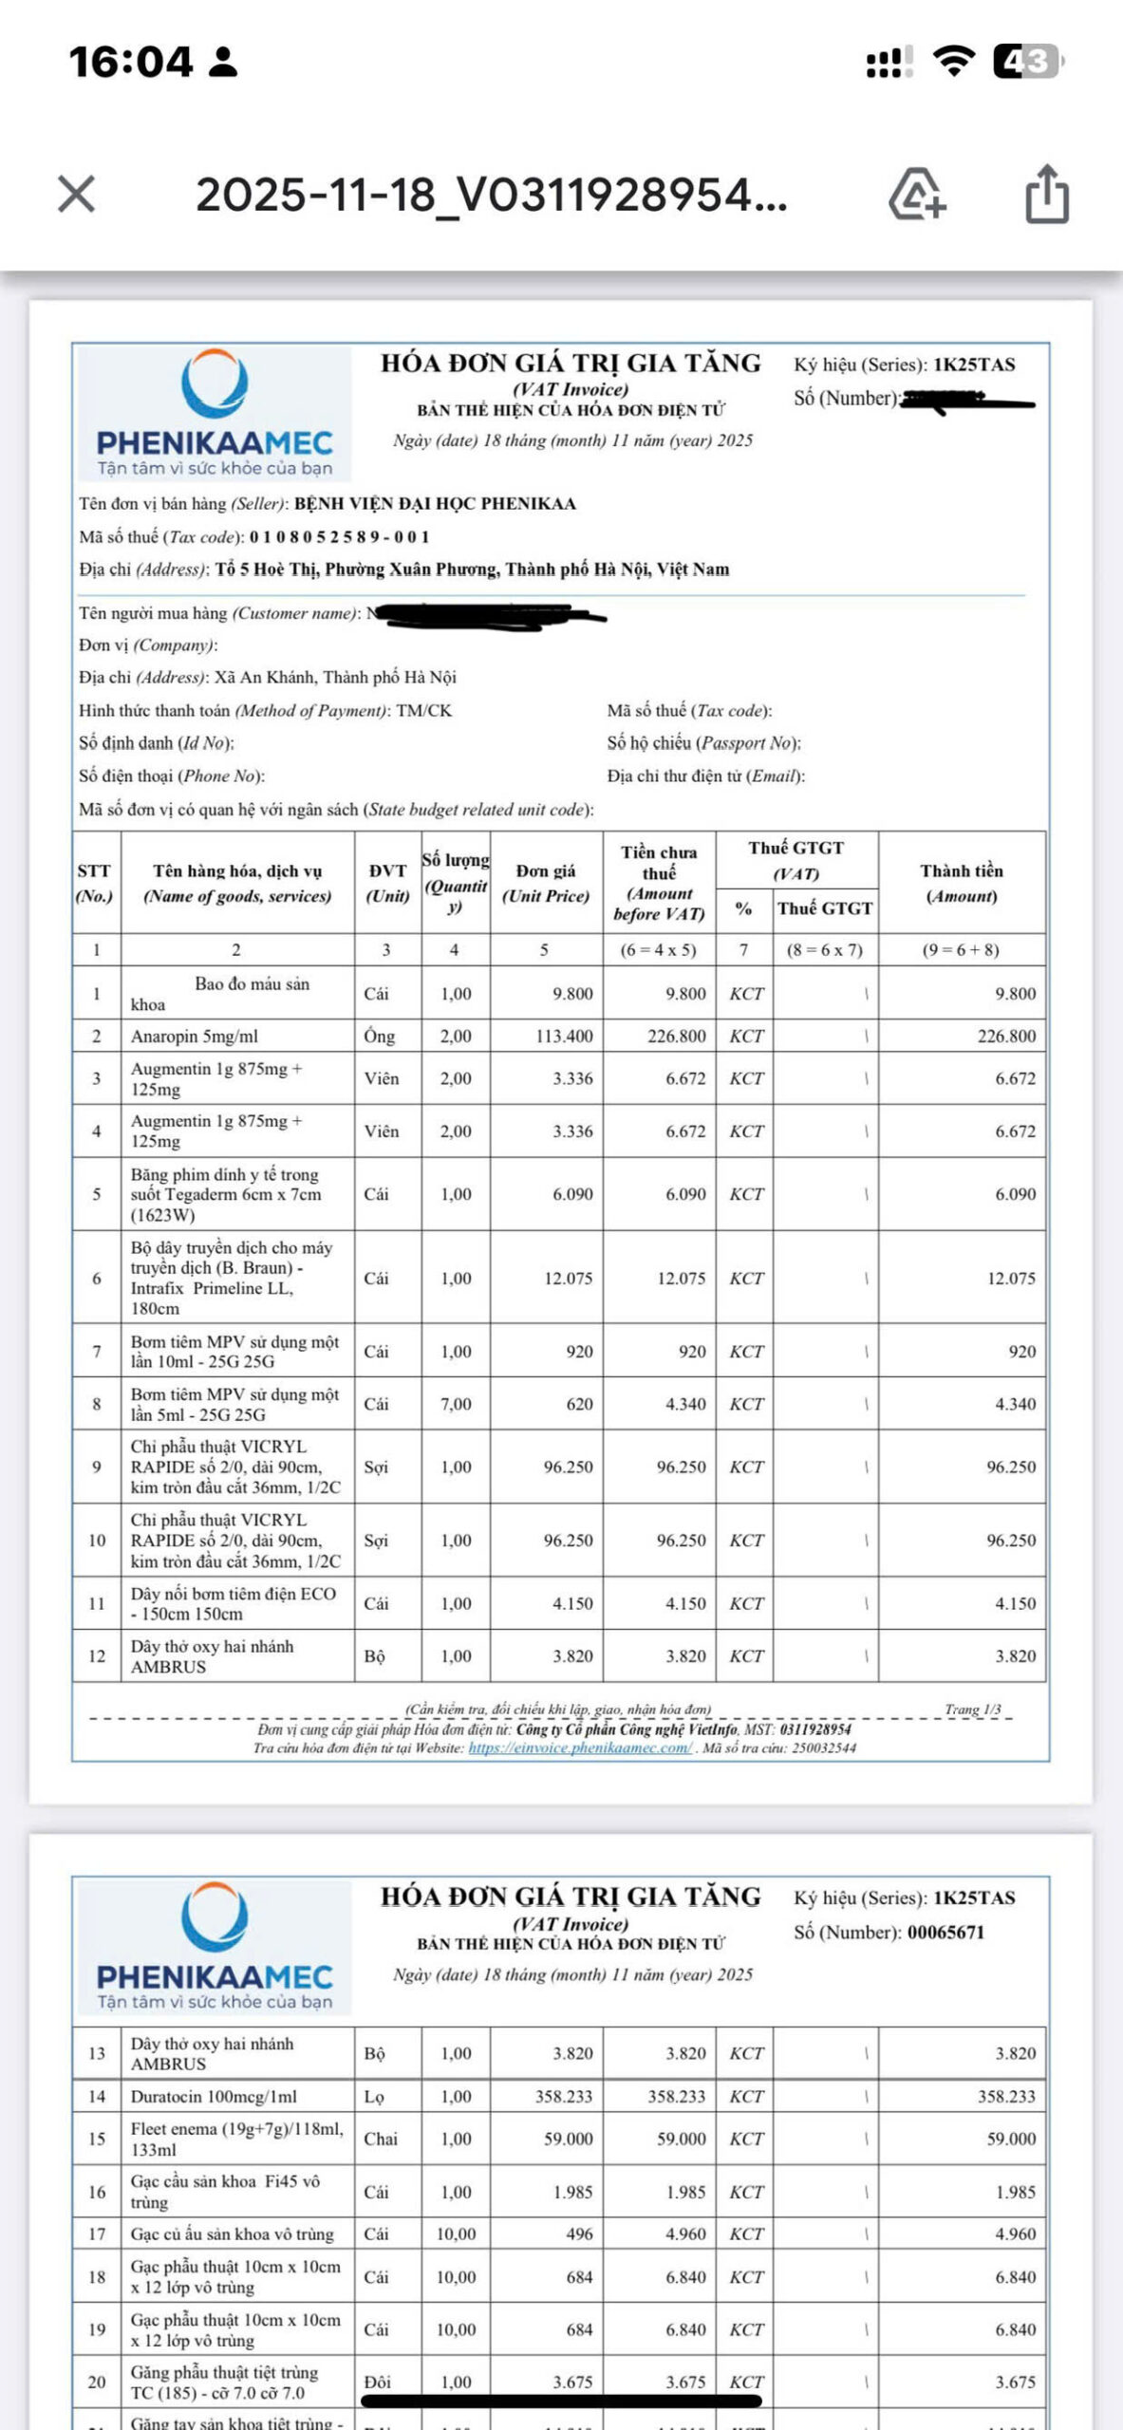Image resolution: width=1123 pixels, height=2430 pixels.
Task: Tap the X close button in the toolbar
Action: click(76, 195)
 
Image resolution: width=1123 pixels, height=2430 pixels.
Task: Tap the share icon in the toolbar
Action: click(1047, 195)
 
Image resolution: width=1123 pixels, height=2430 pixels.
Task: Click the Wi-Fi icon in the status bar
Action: click(953, 62)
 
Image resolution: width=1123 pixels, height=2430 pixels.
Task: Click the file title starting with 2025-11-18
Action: click(491, 195)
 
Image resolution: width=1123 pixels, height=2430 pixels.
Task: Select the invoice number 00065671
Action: click(945, 1932)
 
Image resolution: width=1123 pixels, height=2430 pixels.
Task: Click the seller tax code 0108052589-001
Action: click(339, 537)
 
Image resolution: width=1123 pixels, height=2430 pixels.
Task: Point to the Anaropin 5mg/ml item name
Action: click(195, 1036)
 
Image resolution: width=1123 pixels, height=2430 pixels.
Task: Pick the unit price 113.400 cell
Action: click(564, 1036)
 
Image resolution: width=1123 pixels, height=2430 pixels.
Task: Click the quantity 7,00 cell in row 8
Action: click(456, 1404)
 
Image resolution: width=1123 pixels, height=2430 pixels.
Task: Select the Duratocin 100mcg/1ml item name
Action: click(214, 2096)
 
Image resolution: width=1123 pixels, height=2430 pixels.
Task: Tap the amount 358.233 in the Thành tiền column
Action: click(1006, 2096)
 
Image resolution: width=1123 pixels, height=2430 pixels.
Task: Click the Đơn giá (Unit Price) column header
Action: click(546, 884)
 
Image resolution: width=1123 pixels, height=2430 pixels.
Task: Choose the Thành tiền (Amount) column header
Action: click(962, 884)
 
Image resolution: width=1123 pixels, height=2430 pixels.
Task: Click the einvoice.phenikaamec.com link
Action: click(580, 1748)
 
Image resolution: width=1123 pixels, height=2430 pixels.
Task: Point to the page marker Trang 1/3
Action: click(972, 1710)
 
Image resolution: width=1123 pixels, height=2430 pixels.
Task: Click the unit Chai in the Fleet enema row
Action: click(381, 2139)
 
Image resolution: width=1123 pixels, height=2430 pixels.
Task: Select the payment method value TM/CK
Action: click(423, 711)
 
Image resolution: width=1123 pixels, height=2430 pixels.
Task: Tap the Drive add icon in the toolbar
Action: click(916, 195)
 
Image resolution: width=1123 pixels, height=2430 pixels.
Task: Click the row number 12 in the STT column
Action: click(97, 1656)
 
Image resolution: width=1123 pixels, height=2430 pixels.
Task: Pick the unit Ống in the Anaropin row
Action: click(379, 1036)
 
